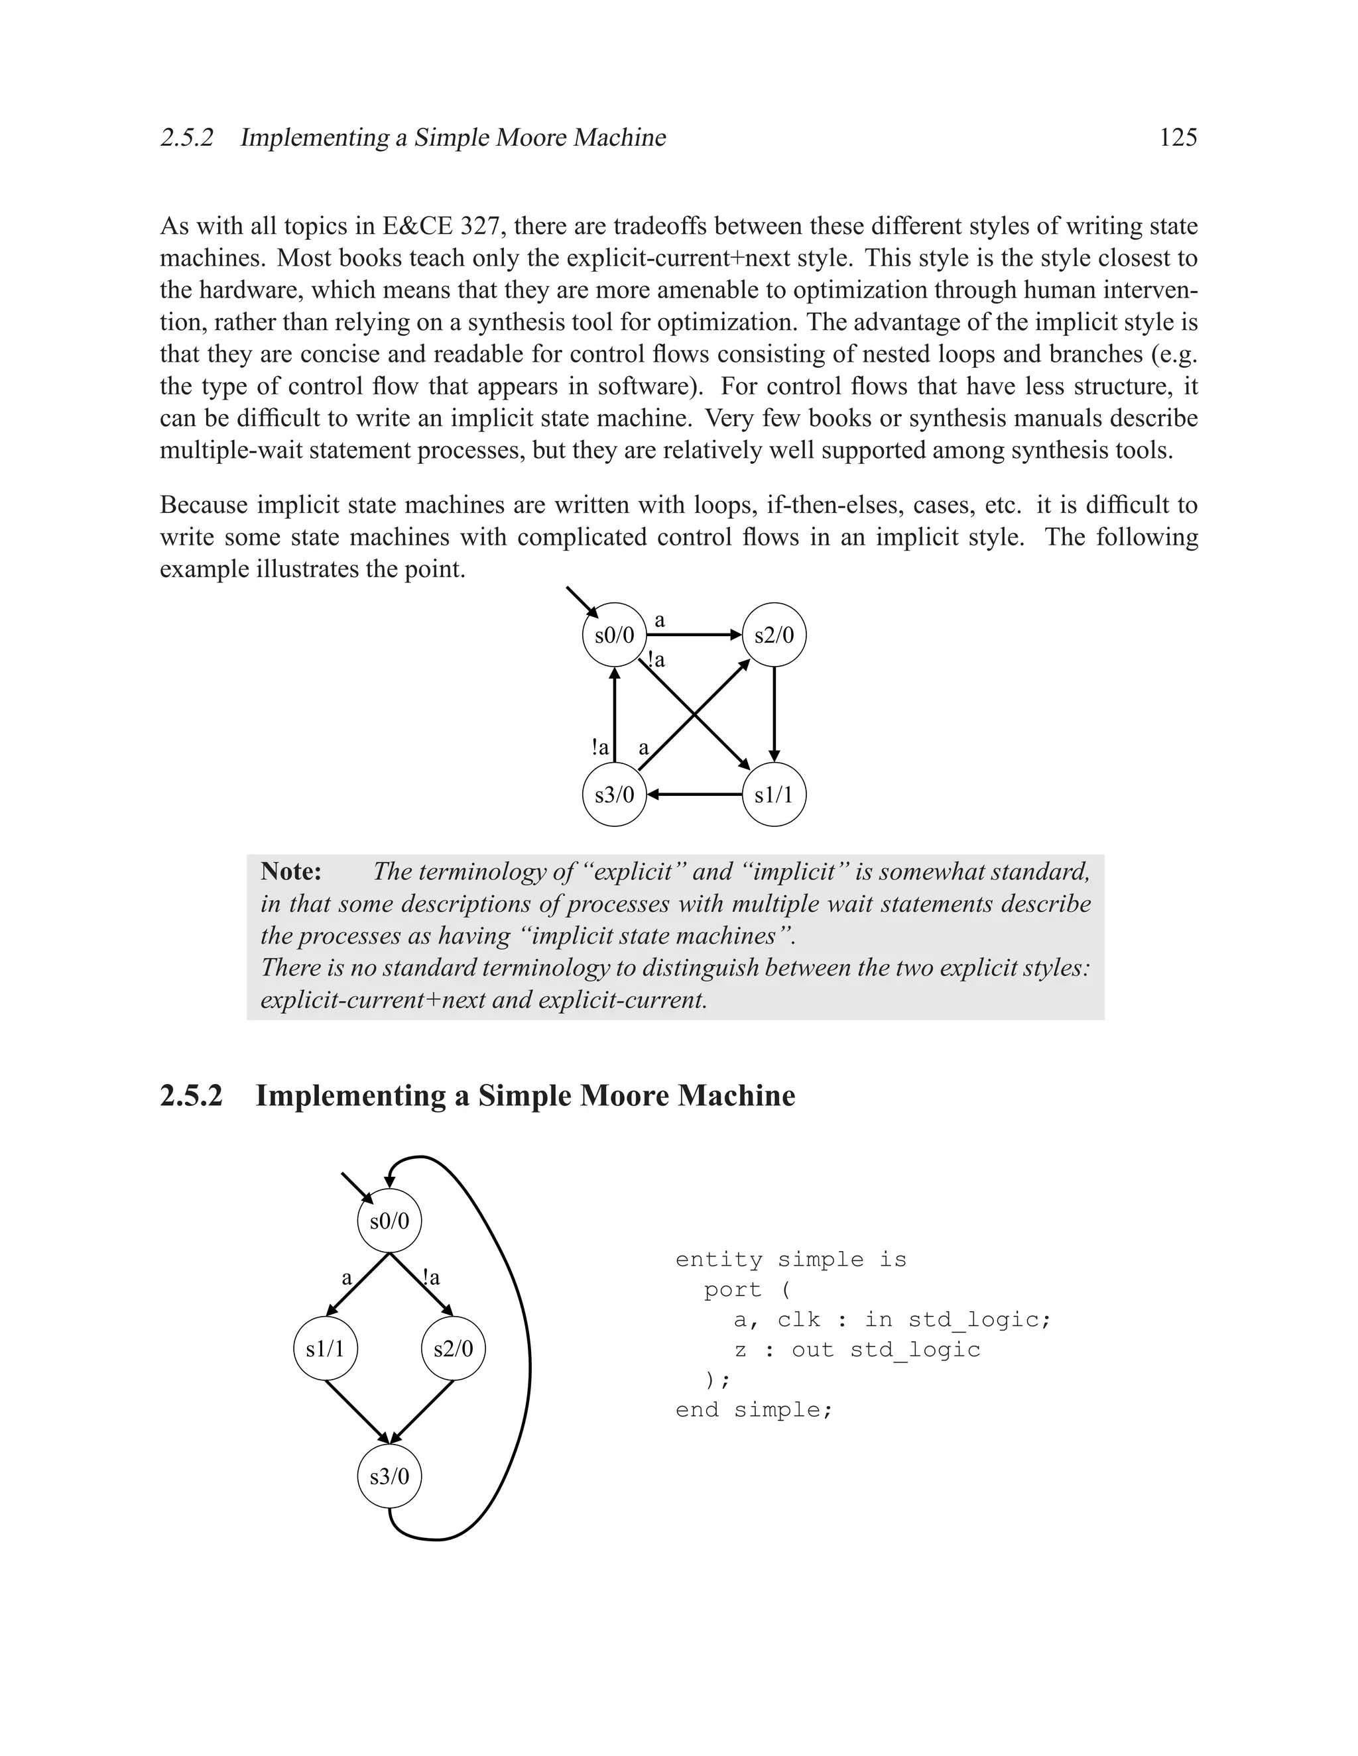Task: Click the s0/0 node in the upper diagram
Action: click(615, 635)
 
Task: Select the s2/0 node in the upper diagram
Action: click(774, 635)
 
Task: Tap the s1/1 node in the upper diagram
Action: click(774, 795)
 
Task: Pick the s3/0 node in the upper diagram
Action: click(615, 795)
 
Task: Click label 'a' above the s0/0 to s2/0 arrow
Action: click(660, 620)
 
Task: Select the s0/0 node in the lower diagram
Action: click(389, 1221)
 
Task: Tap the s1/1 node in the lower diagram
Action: click(325, 1348)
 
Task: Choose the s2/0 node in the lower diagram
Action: click(454, 1348)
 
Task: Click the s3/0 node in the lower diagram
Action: click(389, 1476)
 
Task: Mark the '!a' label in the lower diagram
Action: click(431, 1278)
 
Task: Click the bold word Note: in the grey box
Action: click(291, 871)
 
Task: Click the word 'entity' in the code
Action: click(718, 1260)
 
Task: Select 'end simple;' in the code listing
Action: click(754, 1409)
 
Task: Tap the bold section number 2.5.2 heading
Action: click(191, 1096)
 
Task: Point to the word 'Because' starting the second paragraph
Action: click(204, 505)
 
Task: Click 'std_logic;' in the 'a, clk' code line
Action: click(979, 1319)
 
